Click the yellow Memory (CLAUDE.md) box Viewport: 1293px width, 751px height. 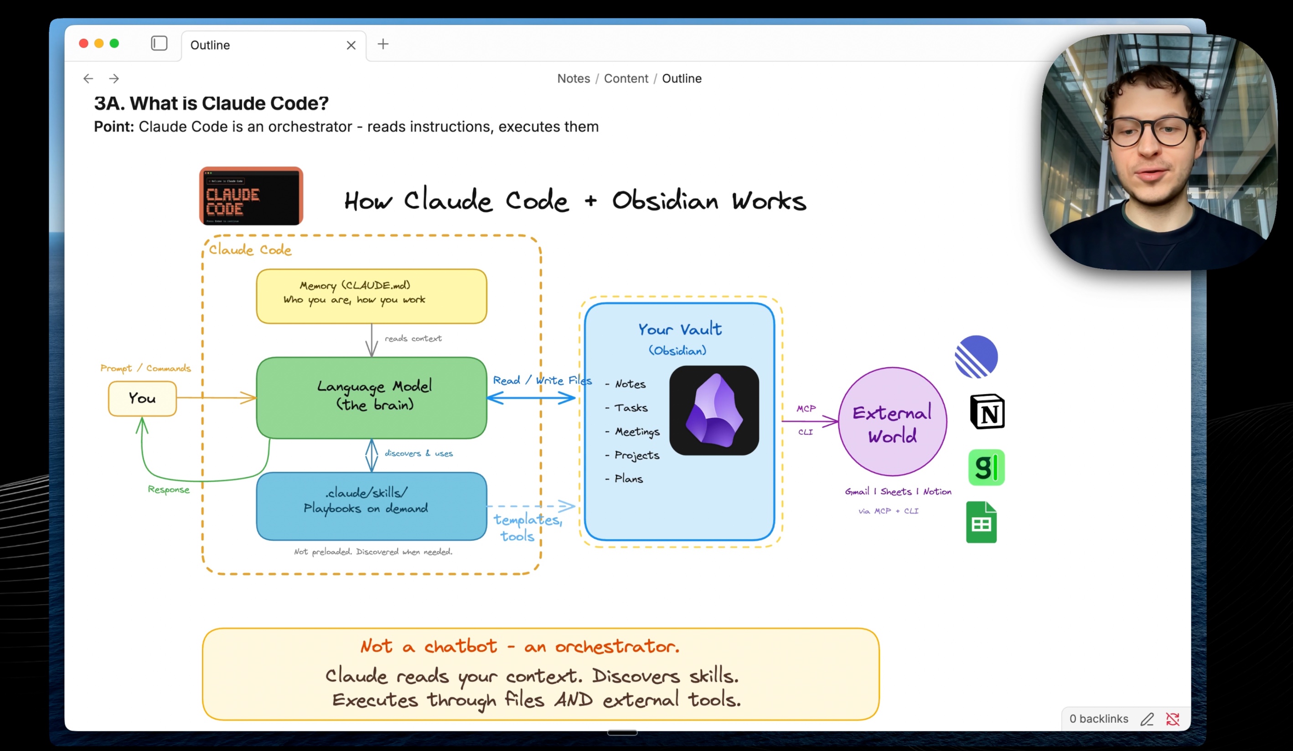(x=372, y=296)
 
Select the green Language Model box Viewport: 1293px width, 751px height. (x=372, y=397)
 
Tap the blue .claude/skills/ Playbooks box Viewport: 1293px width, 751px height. (x=372, y=506)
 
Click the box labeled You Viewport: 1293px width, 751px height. (x=142, y=398)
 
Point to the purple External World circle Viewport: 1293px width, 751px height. (x=892, y=422)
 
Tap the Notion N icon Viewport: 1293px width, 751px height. (x=987, y=412)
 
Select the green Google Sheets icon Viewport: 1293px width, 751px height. (x=981, y=522)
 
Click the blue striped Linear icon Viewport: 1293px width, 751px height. (x=976, y=357)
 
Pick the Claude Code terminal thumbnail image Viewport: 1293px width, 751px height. (x=251, y=196)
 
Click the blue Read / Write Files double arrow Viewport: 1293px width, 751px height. (x=531, y=398)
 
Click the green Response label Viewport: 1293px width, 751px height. (x=168, y=490)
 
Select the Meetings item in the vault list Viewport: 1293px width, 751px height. (x=637, y=432)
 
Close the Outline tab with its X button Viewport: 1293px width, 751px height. (x=351, y=45)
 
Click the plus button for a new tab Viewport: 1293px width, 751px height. (x=383, y=44)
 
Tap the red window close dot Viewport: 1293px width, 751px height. (x=83, y=44)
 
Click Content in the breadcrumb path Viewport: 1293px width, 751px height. (x=626, y=78)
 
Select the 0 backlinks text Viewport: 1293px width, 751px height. (x=1098, y=719)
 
